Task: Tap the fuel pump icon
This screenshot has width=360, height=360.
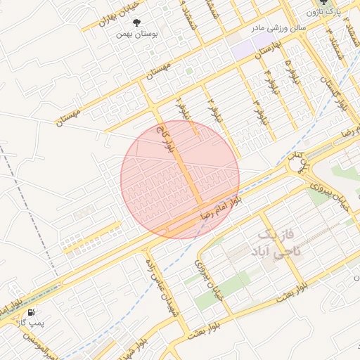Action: coord(31,311)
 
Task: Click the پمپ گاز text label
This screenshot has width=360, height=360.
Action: coord(31,322)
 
